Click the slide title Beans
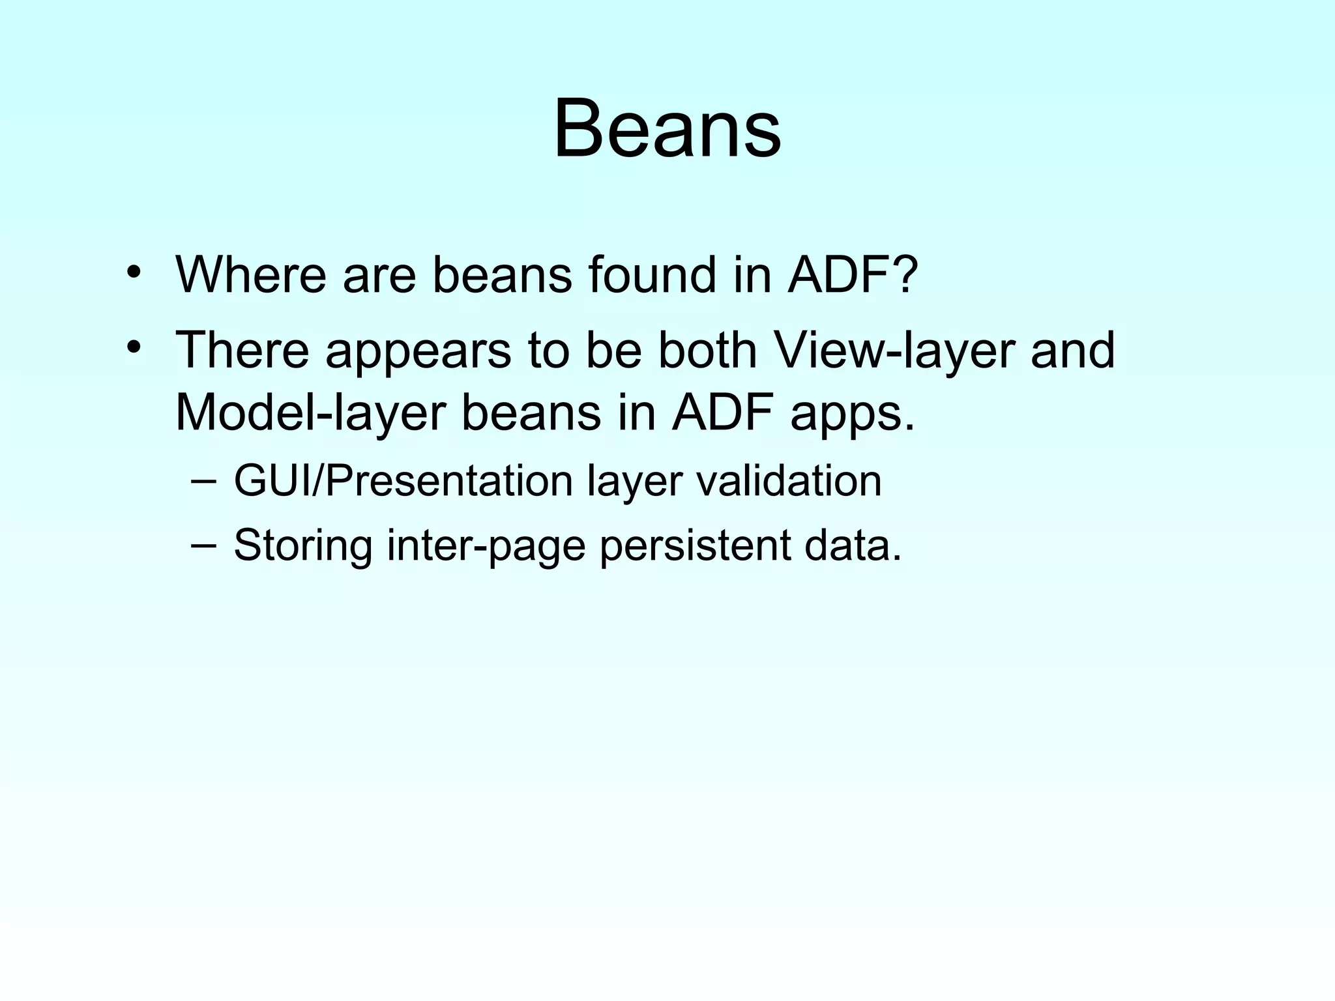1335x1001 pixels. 667,128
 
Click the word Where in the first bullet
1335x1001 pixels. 250,274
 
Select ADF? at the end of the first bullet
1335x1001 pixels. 853,274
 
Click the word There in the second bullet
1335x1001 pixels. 242,350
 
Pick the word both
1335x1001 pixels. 707,350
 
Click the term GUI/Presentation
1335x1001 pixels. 403,482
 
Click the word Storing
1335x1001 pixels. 303,545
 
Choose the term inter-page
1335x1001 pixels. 486,545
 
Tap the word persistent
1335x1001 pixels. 694,545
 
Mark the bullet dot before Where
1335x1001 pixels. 134,272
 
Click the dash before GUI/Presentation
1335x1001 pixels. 204,482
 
